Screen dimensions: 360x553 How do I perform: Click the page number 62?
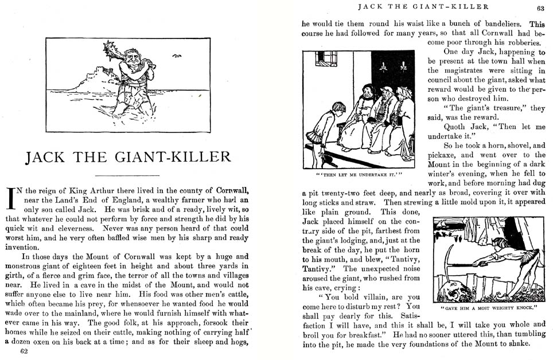pyautogui.click(x=24, y=352)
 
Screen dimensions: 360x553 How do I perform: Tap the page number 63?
pyautogui.click(x=540, y=8)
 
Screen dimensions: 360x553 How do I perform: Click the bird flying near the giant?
pyautogui.click(x=177, y=56)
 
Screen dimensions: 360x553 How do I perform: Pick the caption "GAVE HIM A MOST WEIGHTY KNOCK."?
pyautogui.click(x=488, y=307)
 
